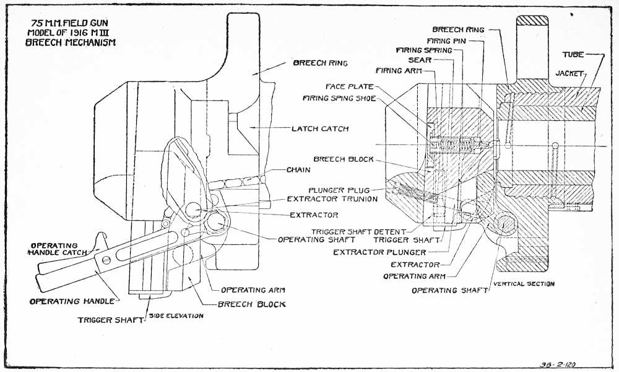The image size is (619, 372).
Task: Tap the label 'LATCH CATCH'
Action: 320,129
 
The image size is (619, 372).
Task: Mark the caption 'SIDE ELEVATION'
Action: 176,316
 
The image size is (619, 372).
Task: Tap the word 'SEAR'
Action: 419,60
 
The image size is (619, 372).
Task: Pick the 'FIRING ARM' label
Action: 399,71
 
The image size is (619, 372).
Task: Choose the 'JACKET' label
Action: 569,73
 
